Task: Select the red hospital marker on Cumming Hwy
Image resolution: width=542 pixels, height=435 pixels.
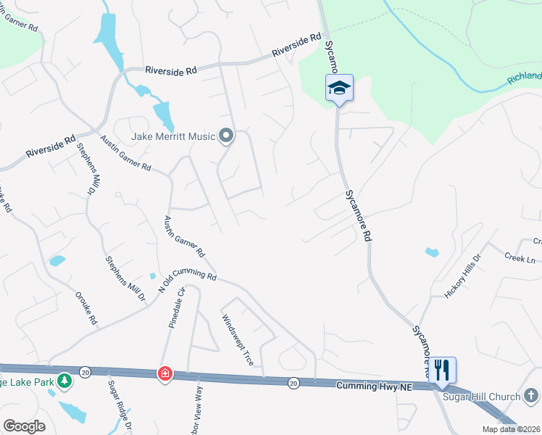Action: [165, 373]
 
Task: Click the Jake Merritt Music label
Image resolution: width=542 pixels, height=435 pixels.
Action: [173, 136]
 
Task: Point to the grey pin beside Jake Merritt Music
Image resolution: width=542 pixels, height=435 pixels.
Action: [226, 136]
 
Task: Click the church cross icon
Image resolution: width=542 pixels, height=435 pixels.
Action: [531, 396]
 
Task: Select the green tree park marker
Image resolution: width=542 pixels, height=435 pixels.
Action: [64, 380]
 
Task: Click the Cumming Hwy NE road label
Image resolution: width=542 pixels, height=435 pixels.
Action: [373, 388]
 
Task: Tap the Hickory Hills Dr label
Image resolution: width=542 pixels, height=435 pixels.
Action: [462, 276]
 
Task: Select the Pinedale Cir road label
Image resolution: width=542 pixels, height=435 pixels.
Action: [178, 309]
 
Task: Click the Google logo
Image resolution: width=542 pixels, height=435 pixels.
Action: [24, 426]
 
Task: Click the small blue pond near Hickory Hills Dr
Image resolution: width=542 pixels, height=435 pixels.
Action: [432, 253]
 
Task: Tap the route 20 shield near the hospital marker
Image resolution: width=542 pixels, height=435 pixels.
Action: [86, 372]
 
